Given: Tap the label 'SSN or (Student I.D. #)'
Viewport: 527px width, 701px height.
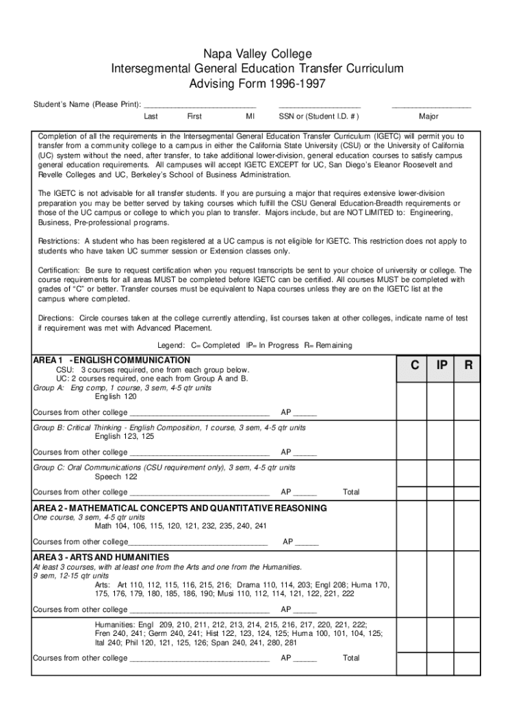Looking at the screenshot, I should point(319,116).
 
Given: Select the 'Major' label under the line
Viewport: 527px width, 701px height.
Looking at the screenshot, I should point(428,116).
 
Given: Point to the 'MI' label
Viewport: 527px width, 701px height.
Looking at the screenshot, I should point(250,116).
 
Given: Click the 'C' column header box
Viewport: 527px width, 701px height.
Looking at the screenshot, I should point(415,366).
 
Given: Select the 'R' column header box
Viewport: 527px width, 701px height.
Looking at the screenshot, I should point(468,366).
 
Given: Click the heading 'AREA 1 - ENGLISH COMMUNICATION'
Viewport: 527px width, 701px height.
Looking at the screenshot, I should point(112,360).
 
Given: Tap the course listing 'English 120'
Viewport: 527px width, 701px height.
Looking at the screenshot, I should point(116,396).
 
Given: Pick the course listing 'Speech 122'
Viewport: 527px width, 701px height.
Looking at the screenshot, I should point(116,476).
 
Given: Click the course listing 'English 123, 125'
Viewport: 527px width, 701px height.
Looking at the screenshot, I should point(124,436).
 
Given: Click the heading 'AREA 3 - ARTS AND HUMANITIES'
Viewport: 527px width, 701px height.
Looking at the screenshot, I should point(101,557).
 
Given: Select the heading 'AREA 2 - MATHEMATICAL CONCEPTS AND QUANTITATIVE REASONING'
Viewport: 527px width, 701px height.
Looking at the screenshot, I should point(180,509).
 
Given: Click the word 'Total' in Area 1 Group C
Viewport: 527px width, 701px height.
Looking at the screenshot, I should point(351,492).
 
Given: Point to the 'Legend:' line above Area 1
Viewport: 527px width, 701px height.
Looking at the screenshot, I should point(255,346).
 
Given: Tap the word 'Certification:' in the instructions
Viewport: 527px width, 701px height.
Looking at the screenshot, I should point(60,270).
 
